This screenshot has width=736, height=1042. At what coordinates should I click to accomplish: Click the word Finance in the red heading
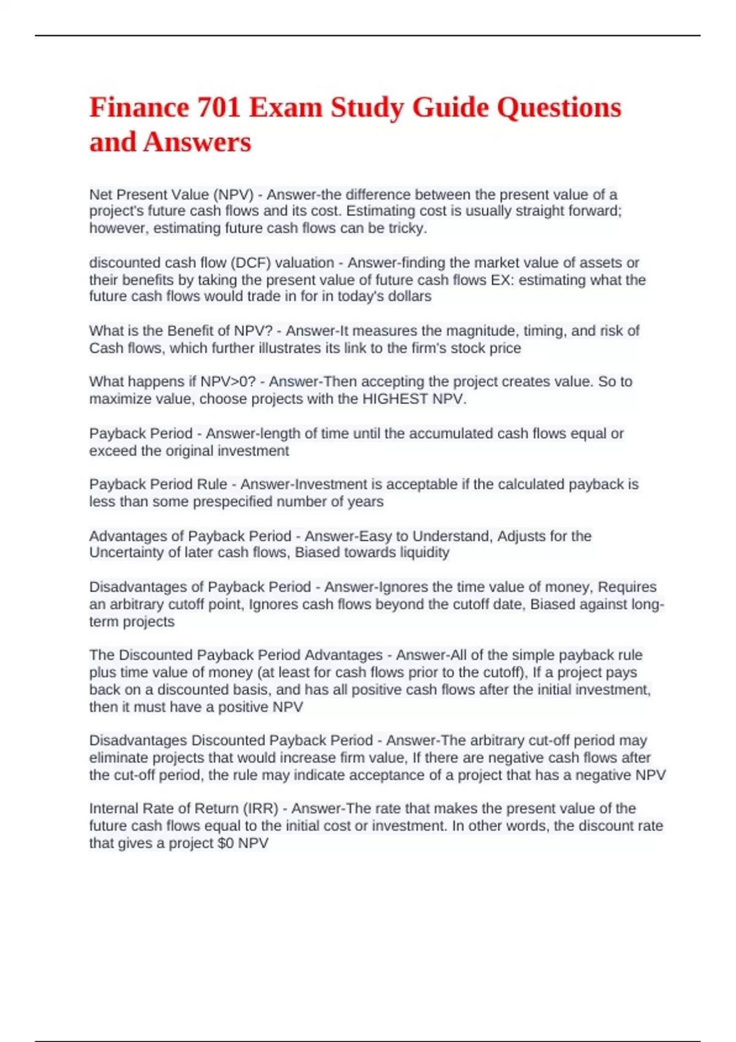pos(139,108)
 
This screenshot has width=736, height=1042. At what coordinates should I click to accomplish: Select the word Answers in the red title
pos(197,142)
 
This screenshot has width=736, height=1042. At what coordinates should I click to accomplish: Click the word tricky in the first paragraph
pos(407,229)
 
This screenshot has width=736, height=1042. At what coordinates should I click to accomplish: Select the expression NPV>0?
pos(228,382)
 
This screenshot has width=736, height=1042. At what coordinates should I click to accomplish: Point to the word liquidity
pos(421,553)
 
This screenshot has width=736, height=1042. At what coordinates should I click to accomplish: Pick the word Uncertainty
pos(126,553)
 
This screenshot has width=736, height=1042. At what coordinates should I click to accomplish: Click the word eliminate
pos(118,758)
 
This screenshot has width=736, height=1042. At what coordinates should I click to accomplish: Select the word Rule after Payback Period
pos(212,484)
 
